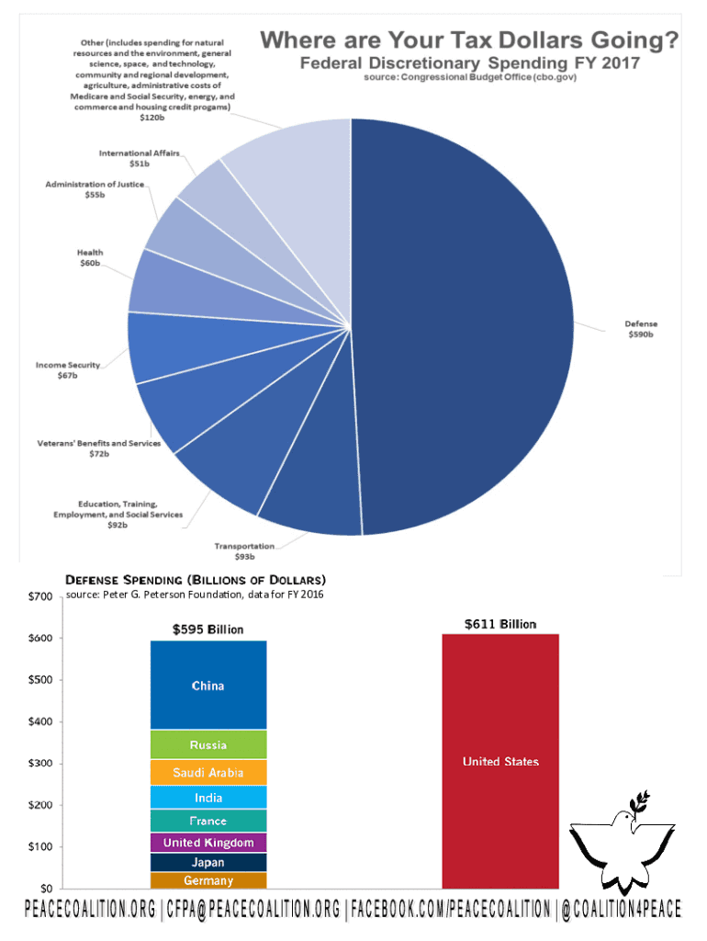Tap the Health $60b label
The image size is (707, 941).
90,258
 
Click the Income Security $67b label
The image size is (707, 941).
68,370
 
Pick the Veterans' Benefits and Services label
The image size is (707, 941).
98,449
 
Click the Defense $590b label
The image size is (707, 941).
641,329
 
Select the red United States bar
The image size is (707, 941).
500,761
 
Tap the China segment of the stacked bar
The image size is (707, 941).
208,686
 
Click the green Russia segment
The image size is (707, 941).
208,744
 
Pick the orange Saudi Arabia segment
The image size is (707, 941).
208,773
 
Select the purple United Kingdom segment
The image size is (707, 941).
208,843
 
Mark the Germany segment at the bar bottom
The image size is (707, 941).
208,880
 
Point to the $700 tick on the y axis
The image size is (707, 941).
39,597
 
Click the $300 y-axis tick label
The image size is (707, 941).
39,764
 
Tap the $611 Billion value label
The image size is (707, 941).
500,625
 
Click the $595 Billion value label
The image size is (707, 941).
208,629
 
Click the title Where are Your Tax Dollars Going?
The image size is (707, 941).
470,41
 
